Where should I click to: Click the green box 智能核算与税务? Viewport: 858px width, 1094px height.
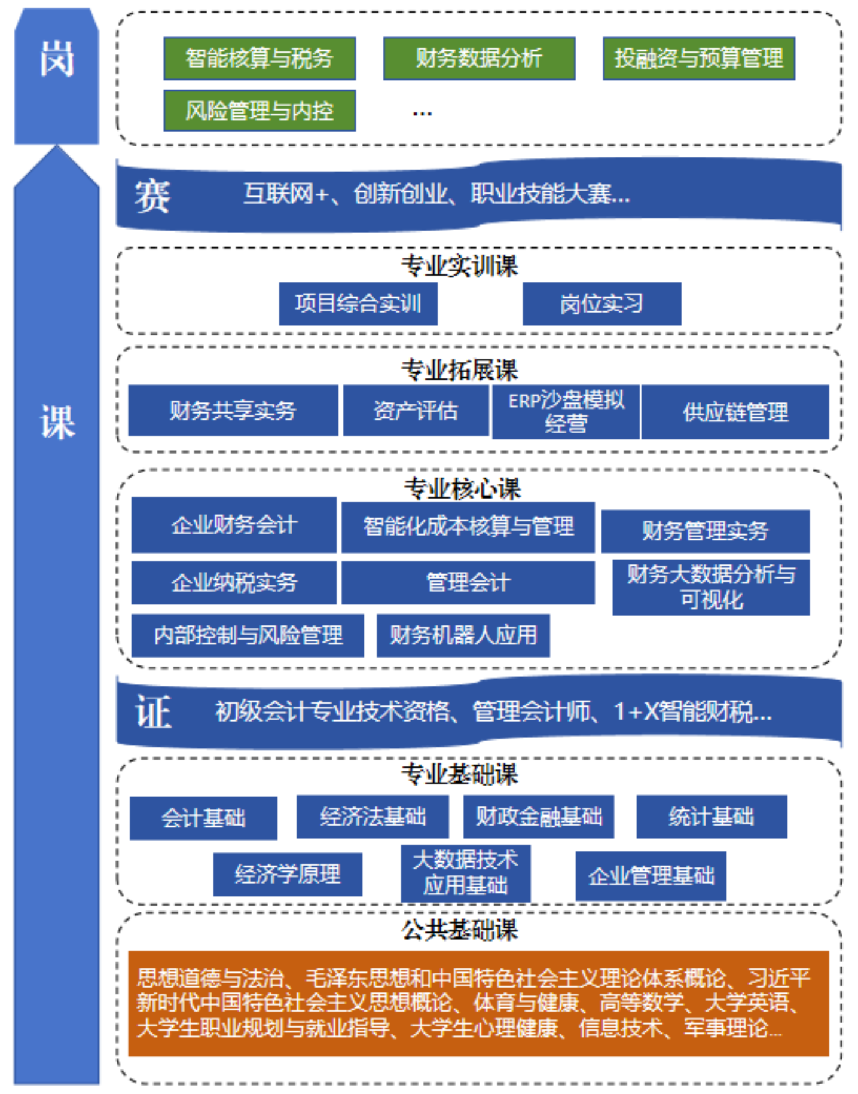259,59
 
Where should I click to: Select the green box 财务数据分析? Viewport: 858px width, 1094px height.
479,59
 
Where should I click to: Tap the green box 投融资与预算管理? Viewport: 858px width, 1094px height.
698,59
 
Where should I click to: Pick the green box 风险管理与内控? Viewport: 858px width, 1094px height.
259,111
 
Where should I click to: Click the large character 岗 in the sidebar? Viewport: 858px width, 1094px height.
57,59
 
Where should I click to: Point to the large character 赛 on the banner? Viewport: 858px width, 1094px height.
152,195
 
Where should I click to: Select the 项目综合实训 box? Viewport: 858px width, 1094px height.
358,304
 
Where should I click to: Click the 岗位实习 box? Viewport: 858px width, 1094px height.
601,304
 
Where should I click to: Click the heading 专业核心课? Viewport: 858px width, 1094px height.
462,488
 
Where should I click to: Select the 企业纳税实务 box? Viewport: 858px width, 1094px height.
234,582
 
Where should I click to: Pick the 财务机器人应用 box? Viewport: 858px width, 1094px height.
463,635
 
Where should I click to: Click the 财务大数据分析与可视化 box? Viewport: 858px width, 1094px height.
711,587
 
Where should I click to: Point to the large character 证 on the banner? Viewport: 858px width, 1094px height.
154,712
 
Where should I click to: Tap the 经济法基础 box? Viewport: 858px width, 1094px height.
372,817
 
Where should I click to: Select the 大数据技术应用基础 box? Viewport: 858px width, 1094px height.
465,873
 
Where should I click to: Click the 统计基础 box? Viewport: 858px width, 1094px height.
712,817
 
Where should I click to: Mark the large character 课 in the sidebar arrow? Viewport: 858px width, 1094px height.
57,422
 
